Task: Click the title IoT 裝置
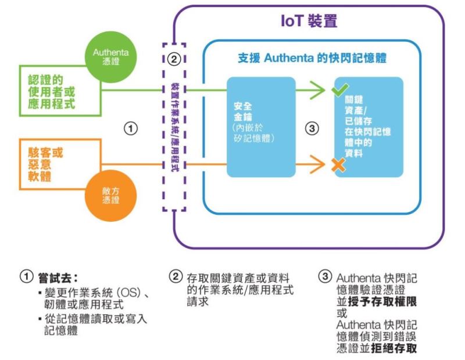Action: [x=309, y=21]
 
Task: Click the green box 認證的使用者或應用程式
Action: [x=53, y=92]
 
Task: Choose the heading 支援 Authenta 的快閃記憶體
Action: [x=312, y=58]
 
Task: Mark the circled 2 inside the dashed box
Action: [x=173, y=58]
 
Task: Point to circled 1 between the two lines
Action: [x=132, y=128]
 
